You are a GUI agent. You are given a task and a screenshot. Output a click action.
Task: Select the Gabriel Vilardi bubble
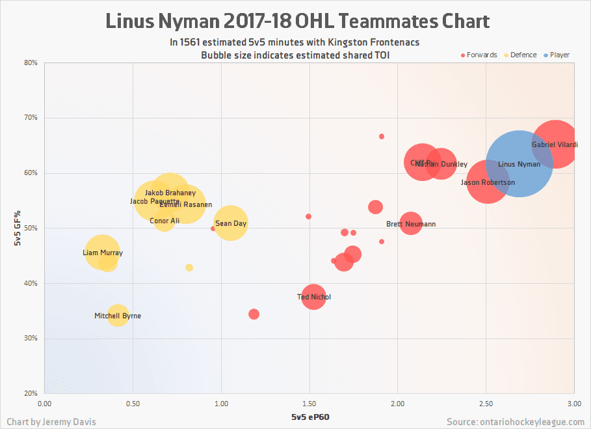[x=555, y=145]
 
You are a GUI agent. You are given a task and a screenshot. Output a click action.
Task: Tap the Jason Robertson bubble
[x=488, y=182]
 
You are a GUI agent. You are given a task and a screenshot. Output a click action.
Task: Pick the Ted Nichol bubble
[x=313, y=297]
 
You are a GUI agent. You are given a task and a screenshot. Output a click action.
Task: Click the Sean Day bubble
[x=231, y=223]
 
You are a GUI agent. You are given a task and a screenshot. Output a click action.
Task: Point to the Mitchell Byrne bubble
[x=118, y=316]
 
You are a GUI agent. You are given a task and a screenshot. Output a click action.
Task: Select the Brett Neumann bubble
[x=411, y=224]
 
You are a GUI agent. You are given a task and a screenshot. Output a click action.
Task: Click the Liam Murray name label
[x=103, y=253]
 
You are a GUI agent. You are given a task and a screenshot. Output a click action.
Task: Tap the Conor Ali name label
[x=164, y=221]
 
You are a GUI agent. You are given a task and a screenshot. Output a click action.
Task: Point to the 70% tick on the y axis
[x=31, y=118]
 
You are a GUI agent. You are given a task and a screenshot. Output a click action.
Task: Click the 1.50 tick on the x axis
[x=309, y=404]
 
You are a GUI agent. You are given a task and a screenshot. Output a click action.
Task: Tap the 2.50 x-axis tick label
[x=486, y=404]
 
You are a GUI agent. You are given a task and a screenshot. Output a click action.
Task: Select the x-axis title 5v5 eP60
[x=309, y=417]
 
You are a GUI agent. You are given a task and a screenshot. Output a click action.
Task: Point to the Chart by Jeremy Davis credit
[x=51, y=422]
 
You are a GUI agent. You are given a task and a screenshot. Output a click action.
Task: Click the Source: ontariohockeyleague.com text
[x=516, y=422]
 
